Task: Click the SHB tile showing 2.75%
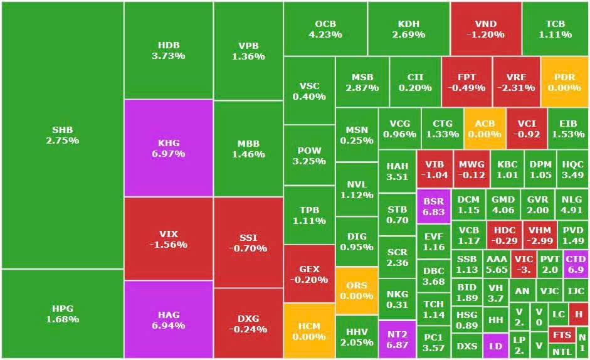pos(62,135)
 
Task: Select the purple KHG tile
pos(168,148)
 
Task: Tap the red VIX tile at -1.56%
pos(168,238)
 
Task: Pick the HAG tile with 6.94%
pos(168,319)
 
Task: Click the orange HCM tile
pos(308,331)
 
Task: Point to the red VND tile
pos(485,28)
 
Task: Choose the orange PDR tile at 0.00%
pos(564,82)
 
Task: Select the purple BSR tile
pos(433,206)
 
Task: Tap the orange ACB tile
pos(484,129)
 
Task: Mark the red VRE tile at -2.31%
pos(516,82)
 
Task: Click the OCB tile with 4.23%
pos(325,28)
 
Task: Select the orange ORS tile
pos(356,290)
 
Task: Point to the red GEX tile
pos(308,274)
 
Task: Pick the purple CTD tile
pos(575,263)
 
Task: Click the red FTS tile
pos(562,335)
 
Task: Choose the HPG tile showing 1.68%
pos(62,314)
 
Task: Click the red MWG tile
pos(471,169)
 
